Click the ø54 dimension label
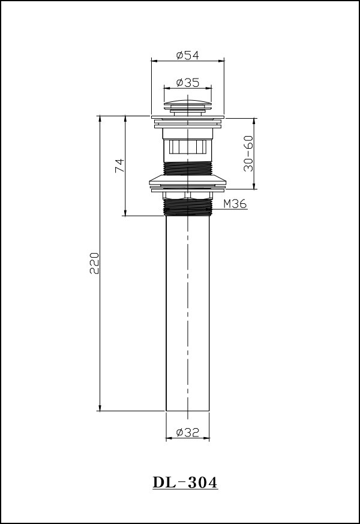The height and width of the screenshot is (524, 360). coord(187,55)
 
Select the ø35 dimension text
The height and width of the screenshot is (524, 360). coord(187,82)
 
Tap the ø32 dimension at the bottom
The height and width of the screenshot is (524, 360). coord(187,433)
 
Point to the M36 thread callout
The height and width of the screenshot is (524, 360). coord(235,203)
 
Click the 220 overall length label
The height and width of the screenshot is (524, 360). coord(94,263)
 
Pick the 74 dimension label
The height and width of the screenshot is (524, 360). coord(120,165)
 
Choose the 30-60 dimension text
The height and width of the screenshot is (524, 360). coord(248,153)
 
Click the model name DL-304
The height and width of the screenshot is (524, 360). coord(185,483)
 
